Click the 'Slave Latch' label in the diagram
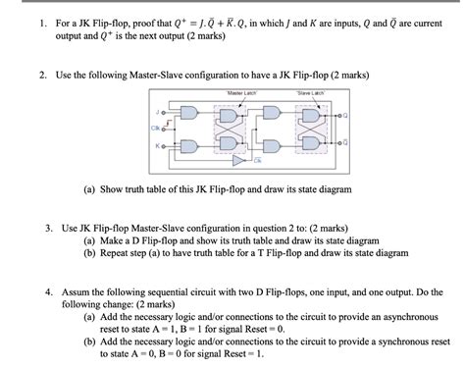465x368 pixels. pyautogui.click(x=311, y=93)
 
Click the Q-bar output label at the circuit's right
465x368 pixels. pyautogui.click(x=343, y=144)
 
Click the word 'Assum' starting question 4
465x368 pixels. pyautogui.click(x=77, y=292)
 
